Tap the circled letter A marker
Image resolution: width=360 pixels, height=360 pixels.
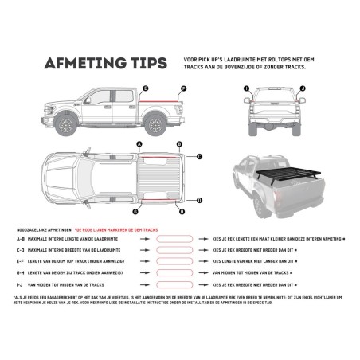(x=139, y=144)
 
